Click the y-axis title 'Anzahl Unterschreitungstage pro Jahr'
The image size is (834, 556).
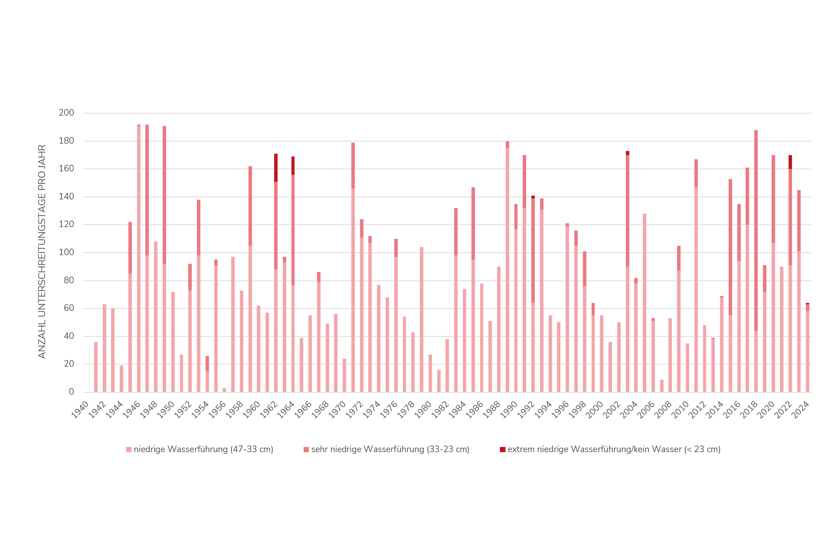point(42,252)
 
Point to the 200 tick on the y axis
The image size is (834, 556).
point(66,113)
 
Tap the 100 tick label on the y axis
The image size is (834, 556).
point(66,252)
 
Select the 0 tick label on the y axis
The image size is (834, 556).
point(71,392)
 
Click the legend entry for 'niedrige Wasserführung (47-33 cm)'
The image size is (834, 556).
point(203,450)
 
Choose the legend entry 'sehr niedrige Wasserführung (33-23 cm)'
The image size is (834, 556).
point(390,450)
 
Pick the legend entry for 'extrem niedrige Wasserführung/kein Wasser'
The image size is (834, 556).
point(614,450)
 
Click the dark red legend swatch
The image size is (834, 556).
point(502,450)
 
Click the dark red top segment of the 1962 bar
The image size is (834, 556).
point(276,167)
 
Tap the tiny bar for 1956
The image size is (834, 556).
point(224,390)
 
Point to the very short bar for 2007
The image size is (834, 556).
point(662,386)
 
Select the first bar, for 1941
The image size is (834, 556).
point(96,367)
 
